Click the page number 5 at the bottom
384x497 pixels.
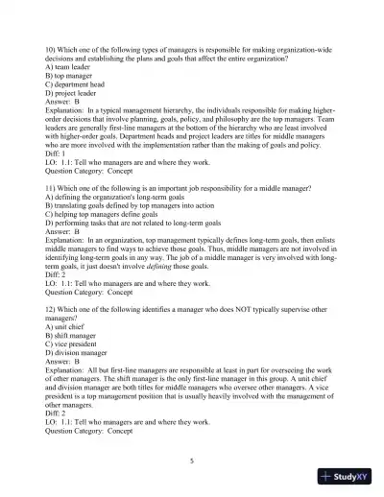point(192,461)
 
